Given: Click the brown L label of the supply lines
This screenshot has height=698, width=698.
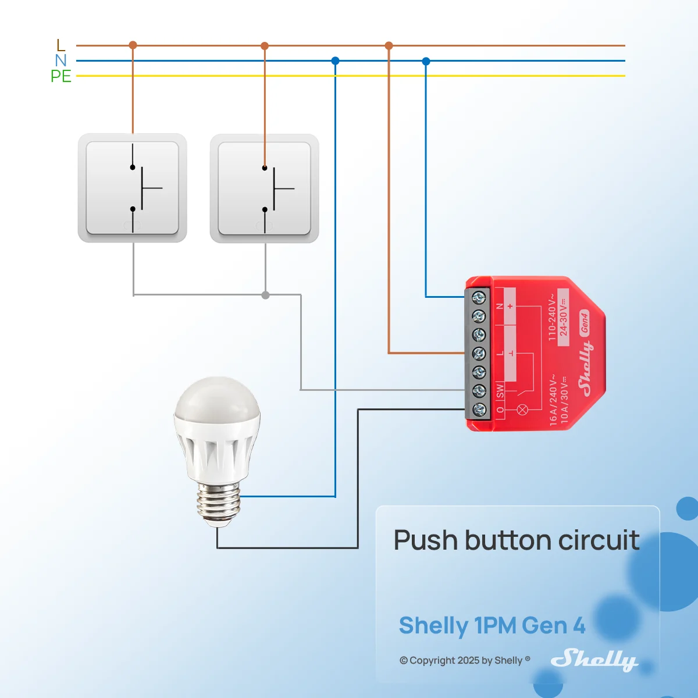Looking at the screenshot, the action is tap(61, 45).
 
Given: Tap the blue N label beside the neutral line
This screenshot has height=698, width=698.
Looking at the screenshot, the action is tap(60, 60).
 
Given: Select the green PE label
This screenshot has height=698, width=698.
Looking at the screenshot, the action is tap(61, 76).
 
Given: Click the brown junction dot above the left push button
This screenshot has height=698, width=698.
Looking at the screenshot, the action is tap(133, 45).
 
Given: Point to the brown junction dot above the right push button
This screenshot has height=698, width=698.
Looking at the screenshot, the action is tap(265, 45).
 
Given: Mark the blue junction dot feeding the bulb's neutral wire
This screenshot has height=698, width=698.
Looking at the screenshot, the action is tap(335, 61).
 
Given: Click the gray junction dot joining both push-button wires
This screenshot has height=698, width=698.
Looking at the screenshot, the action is tap(265, 295).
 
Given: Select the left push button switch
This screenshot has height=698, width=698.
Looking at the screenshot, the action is tap(133, 188).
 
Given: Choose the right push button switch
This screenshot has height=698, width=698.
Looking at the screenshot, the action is tap(265, 188).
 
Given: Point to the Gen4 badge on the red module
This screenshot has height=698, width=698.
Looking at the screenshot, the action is tap(584, 323).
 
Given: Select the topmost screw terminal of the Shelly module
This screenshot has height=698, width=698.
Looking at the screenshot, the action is tap(479, 298).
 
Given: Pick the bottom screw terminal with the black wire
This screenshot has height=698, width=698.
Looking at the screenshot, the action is tap(479, 409).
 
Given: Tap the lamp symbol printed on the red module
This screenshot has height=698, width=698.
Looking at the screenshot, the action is tap(522, 409).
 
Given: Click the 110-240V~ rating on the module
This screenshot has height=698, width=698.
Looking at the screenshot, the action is tap(551, 318).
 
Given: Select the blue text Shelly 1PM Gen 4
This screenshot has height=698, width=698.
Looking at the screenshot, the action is tap(492, 625).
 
